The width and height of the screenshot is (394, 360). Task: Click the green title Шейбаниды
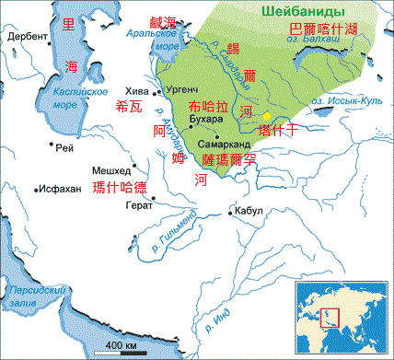pyautogui.click(x=297, y=11)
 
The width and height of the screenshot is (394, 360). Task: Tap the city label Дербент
pyautogui.click(x=29, y=37)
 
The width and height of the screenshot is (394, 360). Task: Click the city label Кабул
pyautogui.click(x=249, y=211)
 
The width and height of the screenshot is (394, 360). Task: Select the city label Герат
pyautogui.click(x=126, y=205)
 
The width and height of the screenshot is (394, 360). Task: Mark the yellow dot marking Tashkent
pyautogui.click(x=267, y=117)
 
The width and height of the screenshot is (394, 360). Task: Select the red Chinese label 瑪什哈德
pyautogui.click(x=121, y=188)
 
